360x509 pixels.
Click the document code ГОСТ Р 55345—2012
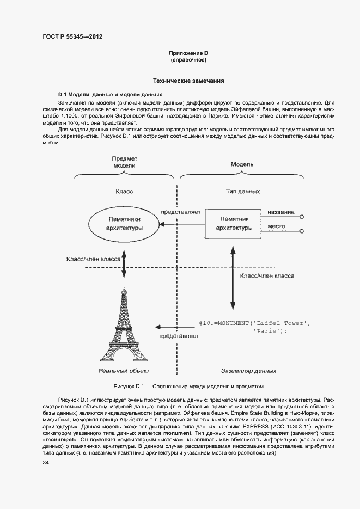(x=72, y=37)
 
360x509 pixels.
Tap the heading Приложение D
(x=188, y=53)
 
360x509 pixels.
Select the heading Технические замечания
(x=188, y=81)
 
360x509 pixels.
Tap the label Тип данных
(x=243, y=192)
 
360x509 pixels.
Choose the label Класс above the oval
(x=124, y=192)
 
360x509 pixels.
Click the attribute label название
(x=281, y=212)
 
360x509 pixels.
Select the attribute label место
(x=276, y=226)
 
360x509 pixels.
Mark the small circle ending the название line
(x=302, y=217)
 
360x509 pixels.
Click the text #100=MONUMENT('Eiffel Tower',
(x=254, y=323)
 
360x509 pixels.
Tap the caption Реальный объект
(x=124, y=371)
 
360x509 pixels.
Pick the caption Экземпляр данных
(x=248, y=371)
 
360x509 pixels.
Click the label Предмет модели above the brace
(x=124, y=161)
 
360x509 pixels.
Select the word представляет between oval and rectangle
(x=181, y=211)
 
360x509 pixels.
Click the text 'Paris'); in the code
(x=270, y=331)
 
